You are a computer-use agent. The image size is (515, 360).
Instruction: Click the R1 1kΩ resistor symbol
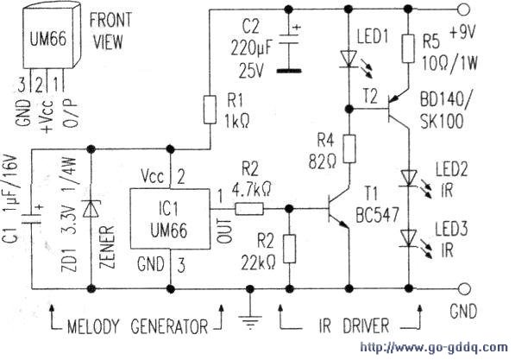pyautogui.click(x=210, y=110)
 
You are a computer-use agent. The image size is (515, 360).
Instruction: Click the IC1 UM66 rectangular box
pyautogui.click(x=170, y=218)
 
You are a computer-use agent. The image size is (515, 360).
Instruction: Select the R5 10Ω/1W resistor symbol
pyautogui.click(x=408, y=48)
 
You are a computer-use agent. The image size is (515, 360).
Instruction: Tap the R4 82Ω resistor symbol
pyautogui.click(x=349, y=148)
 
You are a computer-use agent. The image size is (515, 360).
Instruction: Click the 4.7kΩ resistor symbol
pyautogui.click(x=249, y=208)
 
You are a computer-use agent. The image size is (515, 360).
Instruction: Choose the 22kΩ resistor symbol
pyautogui.click(x=289, y=249)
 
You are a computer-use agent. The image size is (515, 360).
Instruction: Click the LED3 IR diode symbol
pyautogui.click(x=409, y=238)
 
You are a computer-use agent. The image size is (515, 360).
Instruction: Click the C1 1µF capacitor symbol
pyautogui.click(x=32, y=218)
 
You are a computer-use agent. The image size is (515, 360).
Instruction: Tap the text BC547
pyautogui.click(x=378, y=215)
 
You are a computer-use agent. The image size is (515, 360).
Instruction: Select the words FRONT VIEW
pyautogui.click(x=110, y=30)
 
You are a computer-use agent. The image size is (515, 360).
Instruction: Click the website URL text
pyautogui.click(x=434, y=347)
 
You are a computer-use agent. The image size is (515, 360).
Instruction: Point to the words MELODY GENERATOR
pyautogui.click(x=137, y=326)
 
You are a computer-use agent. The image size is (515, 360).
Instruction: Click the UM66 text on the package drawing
pyautogui.click(x=48, y=39)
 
